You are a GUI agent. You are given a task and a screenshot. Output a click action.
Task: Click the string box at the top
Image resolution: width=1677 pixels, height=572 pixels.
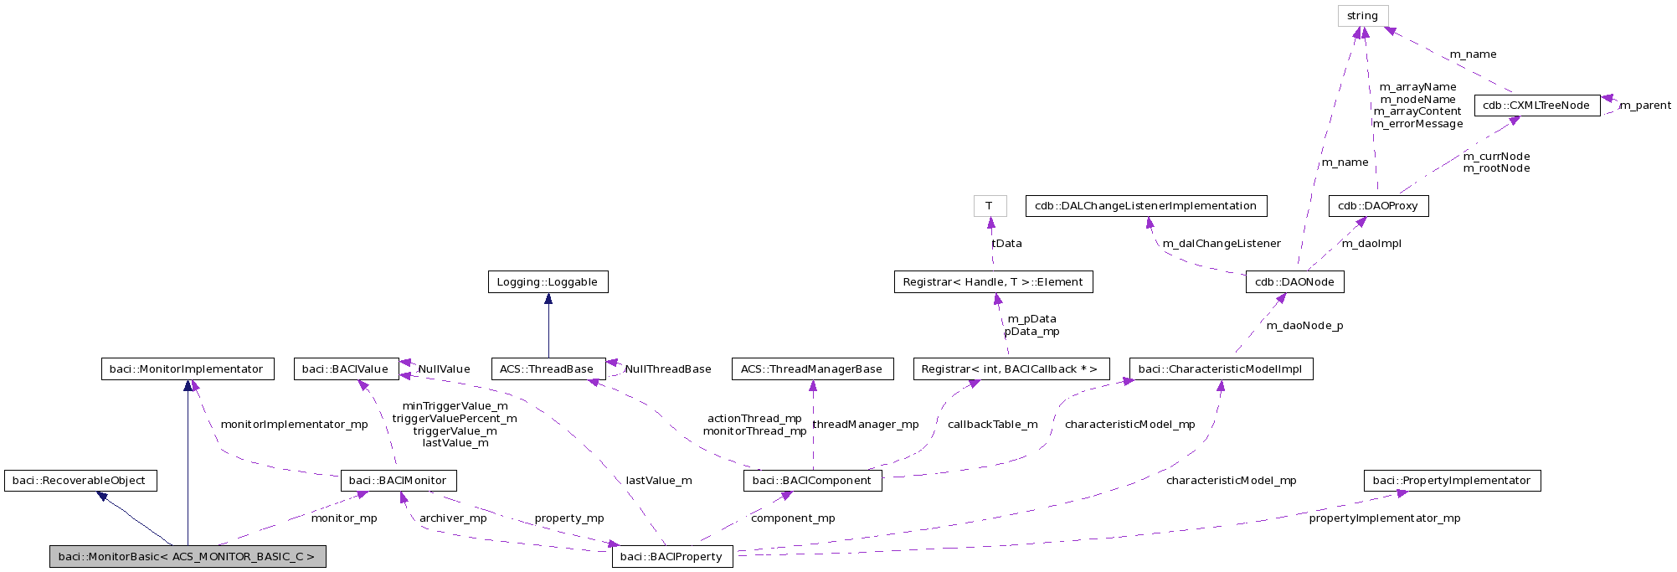(1362, 16)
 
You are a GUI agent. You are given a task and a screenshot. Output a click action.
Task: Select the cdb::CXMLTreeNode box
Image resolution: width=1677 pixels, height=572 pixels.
(1536, 106)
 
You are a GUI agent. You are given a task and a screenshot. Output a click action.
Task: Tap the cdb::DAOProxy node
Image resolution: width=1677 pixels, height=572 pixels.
(1378, 206)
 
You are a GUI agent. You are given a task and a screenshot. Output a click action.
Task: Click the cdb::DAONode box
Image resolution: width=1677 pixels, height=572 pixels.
(1294, 282)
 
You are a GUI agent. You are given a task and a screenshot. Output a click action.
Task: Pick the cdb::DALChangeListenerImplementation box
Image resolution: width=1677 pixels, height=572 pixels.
(1145, 206)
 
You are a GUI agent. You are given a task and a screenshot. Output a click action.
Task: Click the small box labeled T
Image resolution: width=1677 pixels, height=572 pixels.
(990, 206)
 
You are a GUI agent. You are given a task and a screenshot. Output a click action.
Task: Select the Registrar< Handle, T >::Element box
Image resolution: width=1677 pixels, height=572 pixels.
(993, 282)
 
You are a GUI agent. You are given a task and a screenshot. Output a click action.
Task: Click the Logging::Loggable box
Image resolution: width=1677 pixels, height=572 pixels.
(548, 282)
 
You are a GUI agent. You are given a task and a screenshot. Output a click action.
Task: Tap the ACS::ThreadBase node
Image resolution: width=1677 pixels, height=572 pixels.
(547, 369)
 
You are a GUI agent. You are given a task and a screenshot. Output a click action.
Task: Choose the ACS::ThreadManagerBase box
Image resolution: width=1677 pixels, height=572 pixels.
(812, 369)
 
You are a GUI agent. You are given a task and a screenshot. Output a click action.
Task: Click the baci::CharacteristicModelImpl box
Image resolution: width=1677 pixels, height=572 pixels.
(1221, 369)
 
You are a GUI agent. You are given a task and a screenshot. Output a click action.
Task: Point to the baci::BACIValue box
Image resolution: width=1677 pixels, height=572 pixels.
(346, 369)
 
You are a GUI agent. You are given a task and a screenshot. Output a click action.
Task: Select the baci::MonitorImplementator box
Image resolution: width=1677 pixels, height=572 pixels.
(187, 369)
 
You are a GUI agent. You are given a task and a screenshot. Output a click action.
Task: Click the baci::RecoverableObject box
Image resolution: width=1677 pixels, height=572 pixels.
(80, 481)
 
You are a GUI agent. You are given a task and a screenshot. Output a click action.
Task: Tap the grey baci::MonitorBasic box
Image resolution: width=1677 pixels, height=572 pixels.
(187, 557)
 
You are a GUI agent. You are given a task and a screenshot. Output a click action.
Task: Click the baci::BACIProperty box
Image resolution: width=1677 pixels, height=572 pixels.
(672, 557)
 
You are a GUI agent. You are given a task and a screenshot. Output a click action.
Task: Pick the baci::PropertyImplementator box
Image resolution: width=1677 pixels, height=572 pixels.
(1452, 481)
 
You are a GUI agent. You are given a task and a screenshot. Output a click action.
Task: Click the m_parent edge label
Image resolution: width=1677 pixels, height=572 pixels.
(1645, 106)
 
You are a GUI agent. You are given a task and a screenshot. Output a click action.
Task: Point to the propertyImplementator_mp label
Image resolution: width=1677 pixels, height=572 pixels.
(1385, 518)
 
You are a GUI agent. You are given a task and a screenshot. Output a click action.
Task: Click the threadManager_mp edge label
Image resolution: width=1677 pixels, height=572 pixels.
(866, 425)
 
